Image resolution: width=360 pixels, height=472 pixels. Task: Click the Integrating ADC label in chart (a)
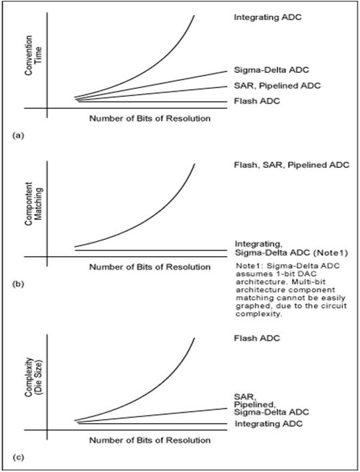pos(268,17)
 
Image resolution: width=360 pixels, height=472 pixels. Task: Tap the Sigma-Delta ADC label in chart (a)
pos(271,70)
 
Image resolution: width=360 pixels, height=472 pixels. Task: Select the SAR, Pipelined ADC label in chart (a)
pos(277,86)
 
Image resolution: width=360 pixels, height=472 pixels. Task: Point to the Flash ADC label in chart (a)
pos(257,101)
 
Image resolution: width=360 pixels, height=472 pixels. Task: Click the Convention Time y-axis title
pos(33,55)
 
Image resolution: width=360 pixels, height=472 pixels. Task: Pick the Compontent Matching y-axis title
pos(33,204)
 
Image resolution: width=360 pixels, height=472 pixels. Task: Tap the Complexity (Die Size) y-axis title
pos(33,378)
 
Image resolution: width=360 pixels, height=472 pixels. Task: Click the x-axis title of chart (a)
pos(150,118)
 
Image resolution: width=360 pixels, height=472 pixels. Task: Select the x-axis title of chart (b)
pos(150,267)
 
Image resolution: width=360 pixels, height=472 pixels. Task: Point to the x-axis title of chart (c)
pos(150,441)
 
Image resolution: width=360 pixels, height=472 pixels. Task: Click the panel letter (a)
pos(18,136)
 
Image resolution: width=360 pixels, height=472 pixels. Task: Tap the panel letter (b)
pos(18,284)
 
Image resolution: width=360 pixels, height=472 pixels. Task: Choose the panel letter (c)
pos(18,458)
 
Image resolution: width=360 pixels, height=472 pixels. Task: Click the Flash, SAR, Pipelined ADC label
pos(292,165)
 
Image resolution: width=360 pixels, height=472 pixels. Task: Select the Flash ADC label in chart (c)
pos(257,338)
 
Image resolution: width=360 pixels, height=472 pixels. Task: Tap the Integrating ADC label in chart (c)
pos(268,424)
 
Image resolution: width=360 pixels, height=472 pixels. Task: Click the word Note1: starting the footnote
pos(246,266)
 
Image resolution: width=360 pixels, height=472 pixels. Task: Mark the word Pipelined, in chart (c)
pos(254,404)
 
